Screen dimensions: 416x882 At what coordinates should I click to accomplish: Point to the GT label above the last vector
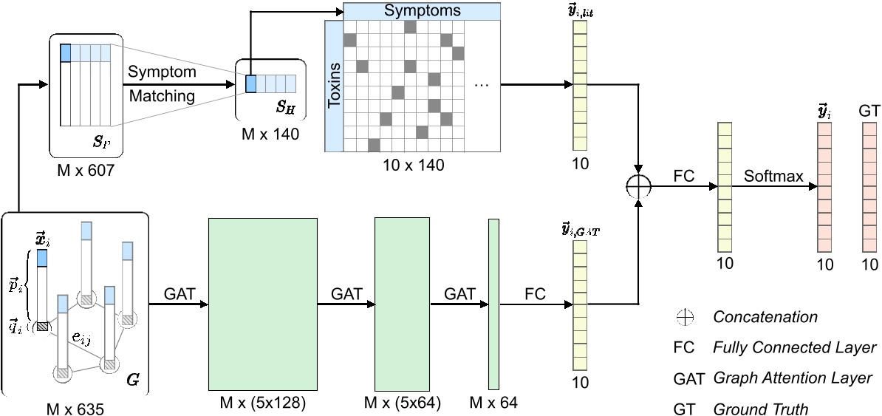click(x=869, y=112)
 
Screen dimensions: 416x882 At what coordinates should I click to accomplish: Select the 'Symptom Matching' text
click(x=162, y=84)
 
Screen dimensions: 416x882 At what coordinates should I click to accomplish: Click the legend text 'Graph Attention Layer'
click(x=792, y=378)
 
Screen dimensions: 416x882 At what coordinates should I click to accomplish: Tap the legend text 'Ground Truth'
click(x=760, y=409)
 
